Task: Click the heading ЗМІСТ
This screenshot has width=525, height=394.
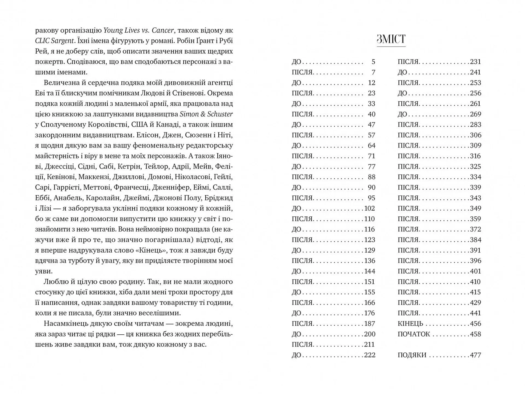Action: coord(391,39)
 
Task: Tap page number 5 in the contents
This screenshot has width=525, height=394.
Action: coord(373,62)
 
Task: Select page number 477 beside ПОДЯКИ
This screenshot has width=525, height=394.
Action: coord(475,355)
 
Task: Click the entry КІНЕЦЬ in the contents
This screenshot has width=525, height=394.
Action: coord(410,324)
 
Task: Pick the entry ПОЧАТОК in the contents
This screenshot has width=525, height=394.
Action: coord(414,334)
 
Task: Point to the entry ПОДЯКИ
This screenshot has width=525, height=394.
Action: coord(412,355)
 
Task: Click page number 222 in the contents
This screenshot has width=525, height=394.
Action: coord(369,355)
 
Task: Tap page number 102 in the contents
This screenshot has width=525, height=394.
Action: coord(369,208)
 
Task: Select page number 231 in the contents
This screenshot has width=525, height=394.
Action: coord(475,62)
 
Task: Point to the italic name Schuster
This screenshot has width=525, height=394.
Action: coord(220,114)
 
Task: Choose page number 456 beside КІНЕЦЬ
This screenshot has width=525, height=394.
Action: coord(475,324)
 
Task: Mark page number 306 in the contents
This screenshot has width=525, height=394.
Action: coord(475,135)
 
